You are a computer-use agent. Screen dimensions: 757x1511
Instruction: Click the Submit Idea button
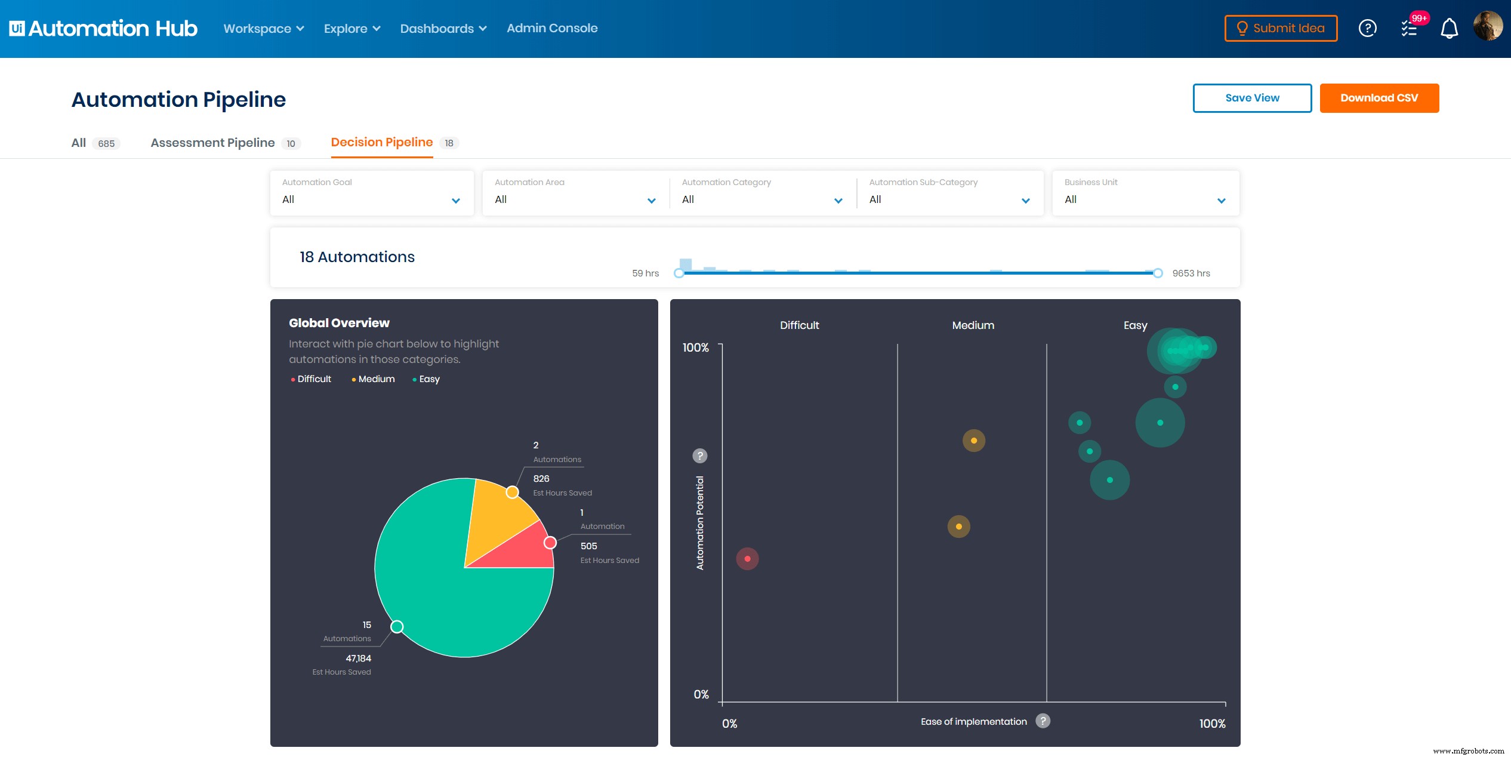[x=1281, y=28]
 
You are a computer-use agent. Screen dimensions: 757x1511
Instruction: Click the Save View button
[x=1251, y=98]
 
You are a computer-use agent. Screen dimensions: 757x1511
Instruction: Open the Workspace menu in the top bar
[x=263, y=29]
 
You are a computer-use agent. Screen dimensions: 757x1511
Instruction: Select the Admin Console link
[x=551, y=28]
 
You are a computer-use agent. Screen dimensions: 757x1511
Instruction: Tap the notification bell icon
[x=1449, y=29]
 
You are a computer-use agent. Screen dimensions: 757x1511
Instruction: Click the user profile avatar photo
[x=1487, y=27]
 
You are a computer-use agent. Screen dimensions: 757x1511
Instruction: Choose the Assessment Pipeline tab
[x=212, y=143]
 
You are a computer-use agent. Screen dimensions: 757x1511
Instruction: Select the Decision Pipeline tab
[x=381, y=142]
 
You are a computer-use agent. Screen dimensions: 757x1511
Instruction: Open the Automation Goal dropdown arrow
[x=456, y=201]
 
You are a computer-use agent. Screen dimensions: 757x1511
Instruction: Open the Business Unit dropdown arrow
[x=1221, y=201]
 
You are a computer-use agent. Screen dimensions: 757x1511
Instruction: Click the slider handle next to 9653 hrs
[x=1158, y=273]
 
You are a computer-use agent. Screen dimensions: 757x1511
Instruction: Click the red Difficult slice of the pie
[x=525, y=549]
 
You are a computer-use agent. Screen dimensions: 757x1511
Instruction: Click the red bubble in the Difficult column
[x=747, y=559]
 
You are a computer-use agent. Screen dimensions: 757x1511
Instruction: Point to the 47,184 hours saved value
[x=358, y=658]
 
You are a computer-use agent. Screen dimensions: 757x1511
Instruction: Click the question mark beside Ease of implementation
[x=1043, y=721]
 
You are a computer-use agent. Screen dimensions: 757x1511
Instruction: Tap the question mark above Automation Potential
[x=699, y=456]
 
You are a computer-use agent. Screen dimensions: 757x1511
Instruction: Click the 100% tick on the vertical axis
[x=696, y=347]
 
